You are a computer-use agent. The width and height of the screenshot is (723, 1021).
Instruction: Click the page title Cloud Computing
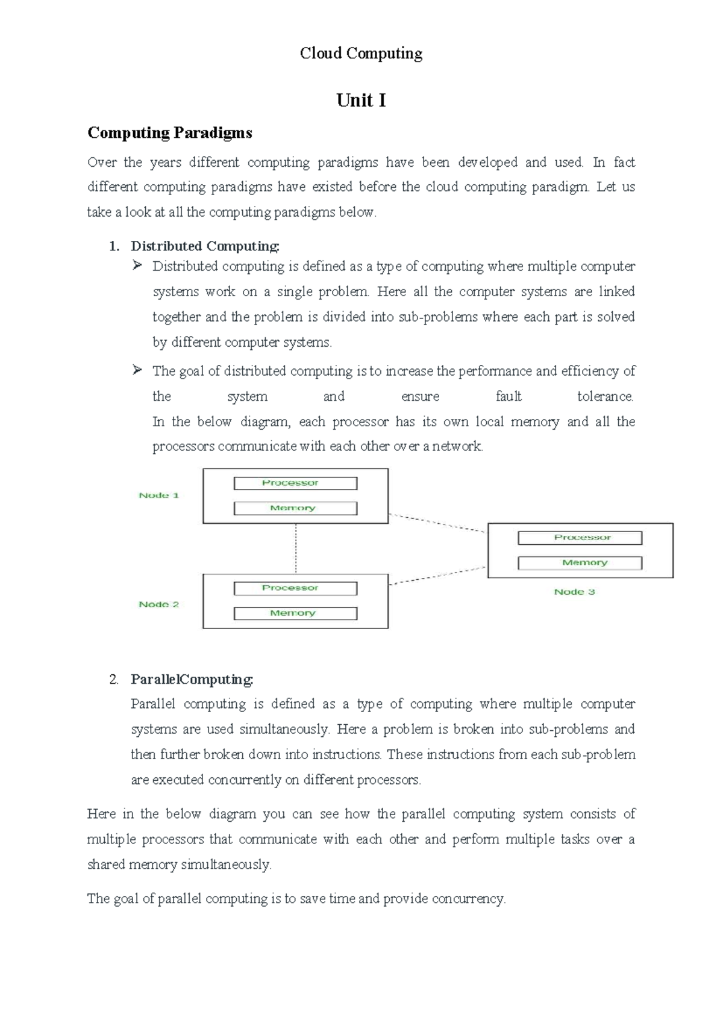(361, 54)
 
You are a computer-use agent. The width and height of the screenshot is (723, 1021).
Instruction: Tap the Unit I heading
(361, 100)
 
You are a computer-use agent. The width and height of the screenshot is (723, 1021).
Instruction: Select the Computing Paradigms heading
(169, 132)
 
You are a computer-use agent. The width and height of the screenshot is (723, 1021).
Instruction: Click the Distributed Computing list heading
(205, 246)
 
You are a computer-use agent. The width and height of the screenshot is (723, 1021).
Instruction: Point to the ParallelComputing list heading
(192, 679)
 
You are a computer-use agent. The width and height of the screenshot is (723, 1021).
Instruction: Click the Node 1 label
(158, 495)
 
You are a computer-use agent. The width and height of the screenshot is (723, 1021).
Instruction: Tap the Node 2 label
(158, 604)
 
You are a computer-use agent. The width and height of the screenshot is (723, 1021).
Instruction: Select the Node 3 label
(574, 592)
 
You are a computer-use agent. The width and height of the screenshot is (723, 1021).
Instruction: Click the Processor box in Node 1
(295, 483)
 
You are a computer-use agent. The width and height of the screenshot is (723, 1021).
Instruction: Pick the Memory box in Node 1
(295, 509)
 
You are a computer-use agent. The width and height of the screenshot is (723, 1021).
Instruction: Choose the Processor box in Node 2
(295, 588)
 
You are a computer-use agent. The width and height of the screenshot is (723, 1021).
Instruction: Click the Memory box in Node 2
(295, 613)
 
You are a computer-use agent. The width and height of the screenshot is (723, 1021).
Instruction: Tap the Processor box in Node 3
(580, 538)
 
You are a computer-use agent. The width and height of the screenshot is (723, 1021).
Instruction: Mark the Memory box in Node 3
(580, 563)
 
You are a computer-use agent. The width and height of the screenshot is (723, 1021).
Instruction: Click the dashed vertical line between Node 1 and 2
(296, 548)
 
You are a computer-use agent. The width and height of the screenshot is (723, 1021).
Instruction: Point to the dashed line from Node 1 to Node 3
(437, 523)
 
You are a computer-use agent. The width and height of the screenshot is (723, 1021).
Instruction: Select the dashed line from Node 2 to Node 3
(437, 576)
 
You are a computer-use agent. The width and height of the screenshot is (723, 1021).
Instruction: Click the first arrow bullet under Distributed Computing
(137, 265)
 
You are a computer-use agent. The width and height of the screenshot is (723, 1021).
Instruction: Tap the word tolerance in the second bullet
(605, 396)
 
